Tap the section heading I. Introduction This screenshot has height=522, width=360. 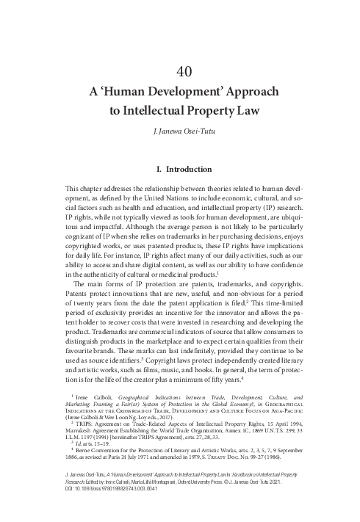tap(180, 169)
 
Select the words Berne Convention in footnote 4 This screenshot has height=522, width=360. tap(107, 452)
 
